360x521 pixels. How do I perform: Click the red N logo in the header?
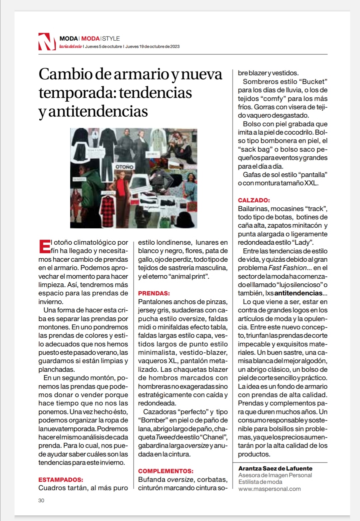(46, 42)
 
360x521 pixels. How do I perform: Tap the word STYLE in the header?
(111, 38)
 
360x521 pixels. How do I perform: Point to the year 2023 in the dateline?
(175, 47)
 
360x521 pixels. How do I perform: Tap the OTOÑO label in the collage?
(124, 166)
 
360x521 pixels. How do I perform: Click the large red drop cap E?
(44, 247)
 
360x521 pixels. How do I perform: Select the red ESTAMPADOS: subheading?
(61, 480)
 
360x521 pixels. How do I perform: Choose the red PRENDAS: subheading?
(154, 293)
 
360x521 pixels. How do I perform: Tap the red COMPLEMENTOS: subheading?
(166, 471)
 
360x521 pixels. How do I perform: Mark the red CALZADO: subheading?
(254, 200)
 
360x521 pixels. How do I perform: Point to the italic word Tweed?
(165, 437)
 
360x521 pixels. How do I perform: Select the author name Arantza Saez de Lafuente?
(275, 468)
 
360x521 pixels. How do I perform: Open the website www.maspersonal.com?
(269, 489)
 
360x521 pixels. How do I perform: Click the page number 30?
(41, 500)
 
